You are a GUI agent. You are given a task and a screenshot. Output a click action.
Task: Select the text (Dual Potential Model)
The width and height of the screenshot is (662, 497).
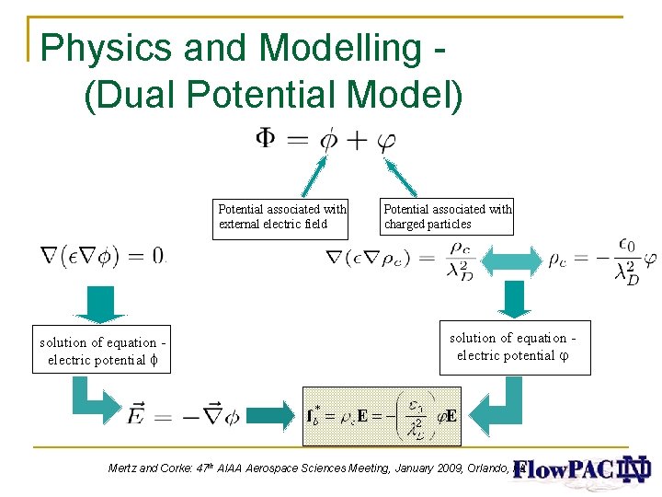tap(274, 96)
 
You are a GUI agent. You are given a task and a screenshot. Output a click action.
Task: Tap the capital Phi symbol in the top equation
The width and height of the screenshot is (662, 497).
tap(265, 140)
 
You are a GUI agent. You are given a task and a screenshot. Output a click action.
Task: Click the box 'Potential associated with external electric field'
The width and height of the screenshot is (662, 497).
tap(281, 217)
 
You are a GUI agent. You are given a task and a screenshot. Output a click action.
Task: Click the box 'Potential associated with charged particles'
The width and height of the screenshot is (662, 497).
tap(447, 217)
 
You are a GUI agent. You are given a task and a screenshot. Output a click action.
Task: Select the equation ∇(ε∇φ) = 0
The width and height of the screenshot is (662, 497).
tap(102, 255)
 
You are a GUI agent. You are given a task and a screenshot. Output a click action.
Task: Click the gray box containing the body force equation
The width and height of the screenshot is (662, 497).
tap(382, 415)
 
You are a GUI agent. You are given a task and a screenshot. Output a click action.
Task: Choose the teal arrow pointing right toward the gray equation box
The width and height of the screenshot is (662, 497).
tap(273, 416)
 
